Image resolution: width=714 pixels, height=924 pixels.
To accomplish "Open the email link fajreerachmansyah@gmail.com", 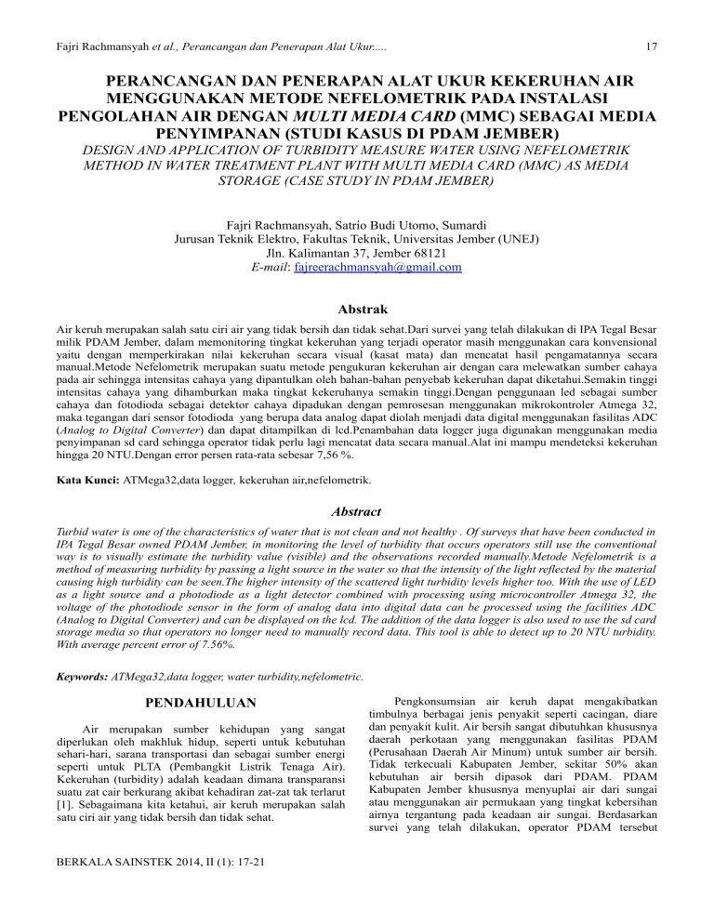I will tap(377, 268).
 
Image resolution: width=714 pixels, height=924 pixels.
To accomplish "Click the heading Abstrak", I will tap(357, 309).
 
